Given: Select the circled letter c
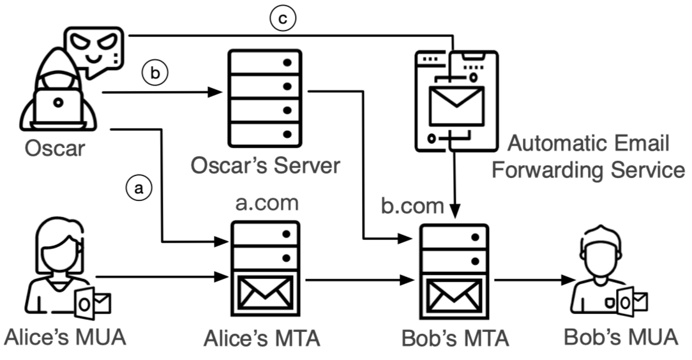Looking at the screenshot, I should tap(282, 19).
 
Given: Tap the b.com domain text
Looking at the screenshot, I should tap(412, 206).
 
